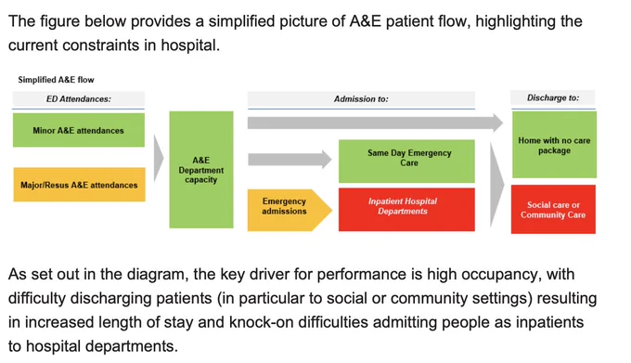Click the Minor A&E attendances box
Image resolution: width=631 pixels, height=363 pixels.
(79, 130)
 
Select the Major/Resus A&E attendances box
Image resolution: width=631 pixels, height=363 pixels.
(79, 185)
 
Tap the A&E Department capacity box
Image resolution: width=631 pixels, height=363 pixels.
(201, 170)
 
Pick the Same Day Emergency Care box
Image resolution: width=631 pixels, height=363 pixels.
(406, 162)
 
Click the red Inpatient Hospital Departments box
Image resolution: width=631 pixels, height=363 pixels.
(406, 210)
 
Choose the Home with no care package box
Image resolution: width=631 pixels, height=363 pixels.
(554, 145)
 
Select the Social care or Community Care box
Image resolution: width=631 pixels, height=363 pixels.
(553, 209)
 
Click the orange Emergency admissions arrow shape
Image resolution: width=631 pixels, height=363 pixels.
(290, 210)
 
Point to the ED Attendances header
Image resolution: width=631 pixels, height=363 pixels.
(79, 99)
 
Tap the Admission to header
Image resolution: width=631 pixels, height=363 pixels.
(361, 99)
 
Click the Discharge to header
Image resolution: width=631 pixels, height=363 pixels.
(553, 97)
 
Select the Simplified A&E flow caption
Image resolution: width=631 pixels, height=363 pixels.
(56, 80)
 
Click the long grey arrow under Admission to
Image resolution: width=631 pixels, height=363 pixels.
(375, 123)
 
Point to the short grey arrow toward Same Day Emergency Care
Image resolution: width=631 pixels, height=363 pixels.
(290, 160)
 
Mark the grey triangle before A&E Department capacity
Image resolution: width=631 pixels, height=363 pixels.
(159, 158)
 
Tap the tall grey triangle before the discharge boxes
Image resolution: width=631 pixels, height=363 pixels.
(497, 185)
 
